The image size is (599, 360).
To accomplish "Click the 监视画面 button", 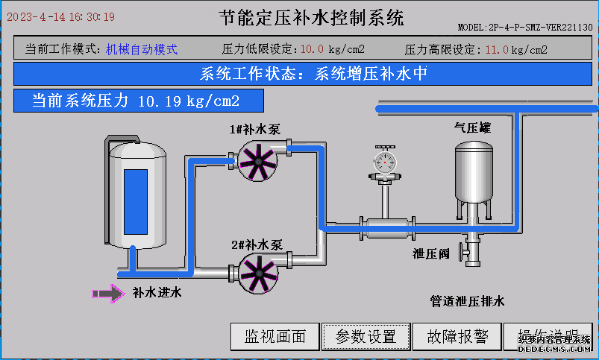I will click(x=275, y=336).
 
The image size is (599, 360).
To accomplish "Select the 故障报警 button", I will click(x=458, y=336).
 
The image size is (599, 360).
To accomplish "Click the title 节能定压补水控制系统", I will click(x=312, y=18).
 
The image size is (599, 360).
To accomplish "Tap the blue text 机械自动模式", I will click(x=142, y=50).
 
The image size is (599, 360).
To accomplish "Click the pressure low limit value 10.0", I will click(x=312, y=50).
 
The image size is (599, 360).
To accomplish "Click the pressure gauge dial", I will click(x=386, y=162).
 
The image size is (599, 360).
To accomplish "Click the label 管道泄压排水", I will click(x=467, y=301).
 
